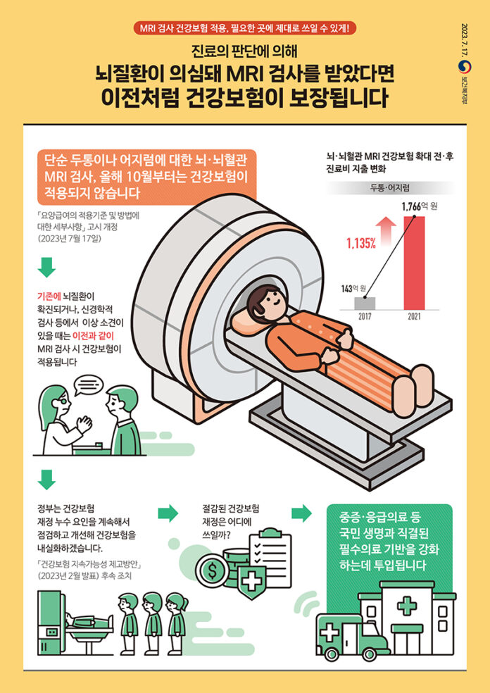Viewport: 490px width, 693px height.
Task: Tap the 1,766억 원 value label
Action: click(419, 206)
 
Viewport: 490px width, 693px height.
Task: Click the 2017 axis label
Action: click(364, 318)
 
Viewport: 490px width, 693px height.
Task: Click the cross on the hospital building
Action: click(406, 604)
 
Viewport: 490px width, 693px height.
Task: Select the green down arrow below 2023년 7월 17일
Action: click(46, 268)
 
